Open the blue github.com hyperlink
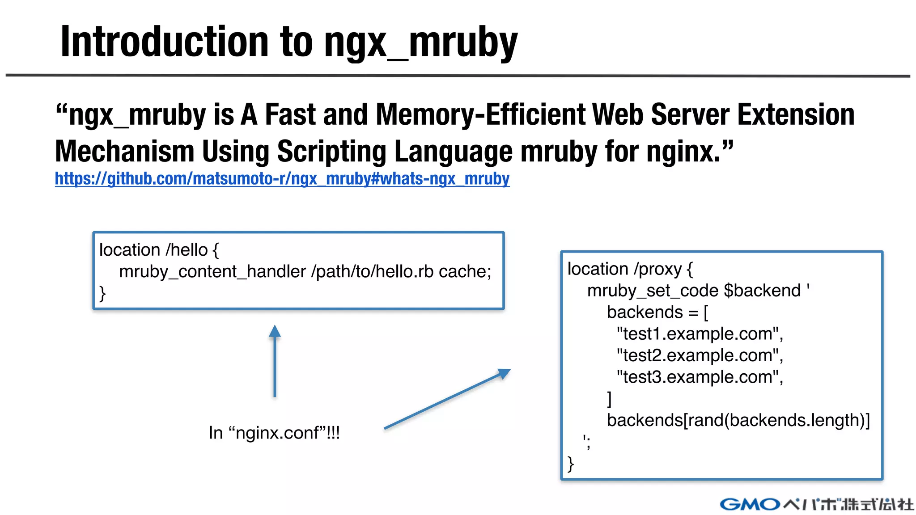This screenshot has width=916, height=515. (282, 179)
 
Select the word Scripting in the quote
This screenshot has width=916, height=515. (331, 152)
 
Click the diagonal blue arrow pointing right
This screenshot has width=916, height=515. (447, 399)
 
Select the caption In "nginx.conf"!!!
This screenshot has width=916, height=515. (274, 433)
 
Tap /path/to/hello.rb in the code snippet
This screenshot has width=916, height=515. (372, 272)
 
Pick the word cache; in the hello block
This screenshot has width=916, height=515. (465, 272)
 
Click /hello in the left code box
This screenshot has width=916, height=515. (187, 250)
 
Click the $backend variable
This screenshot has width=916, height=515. (762, 291)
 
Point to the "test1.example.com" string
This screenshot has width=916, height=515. (700, 334)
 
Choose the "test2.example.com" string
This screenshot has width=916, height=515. (700, 356)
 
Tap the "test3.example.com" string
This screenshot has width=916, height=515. (700, 377)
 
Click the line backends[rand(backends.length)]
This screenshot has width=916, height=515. (738, 421)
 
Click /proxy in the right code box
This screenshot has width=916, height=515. (657, 269)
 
